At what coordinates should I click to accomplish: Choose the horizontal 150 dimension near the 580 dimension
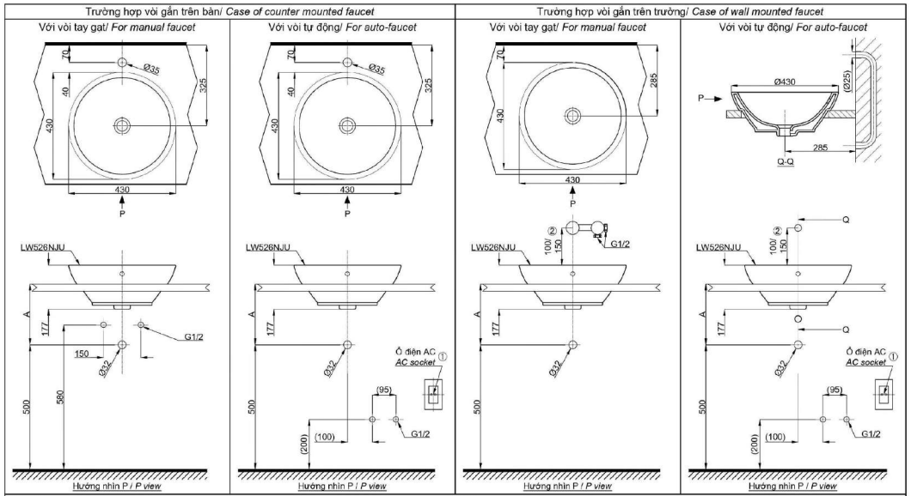point(83,352)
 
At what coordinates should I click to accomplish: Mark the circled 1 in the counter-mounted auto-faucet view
point(444,355)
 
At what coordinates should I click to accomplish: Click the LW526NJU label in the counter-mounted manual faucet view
point(51,247)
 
